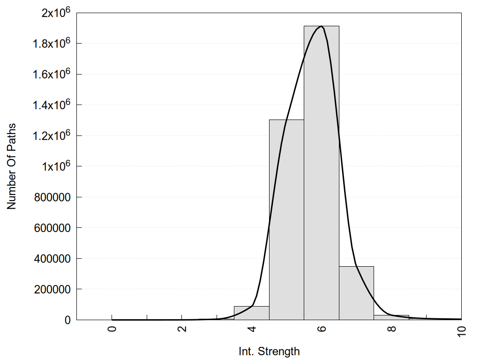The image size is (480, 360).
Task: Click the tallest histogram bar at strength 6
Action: [x=321, y=173]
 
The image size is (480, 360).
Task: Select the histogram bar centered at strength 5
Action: [x=286, y=220]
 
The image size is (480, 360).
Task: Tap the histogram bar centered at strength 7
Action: [x=356, y=293]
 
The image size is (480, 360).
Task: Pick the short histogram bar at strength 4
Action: [x=251, y=313]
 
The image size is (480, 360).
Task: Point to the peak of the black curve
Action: [x=321, y=26]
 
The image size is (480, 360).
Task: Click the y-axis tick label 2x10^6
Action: [x=54, y=13]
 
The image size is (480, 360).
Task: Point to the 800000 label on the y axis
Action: [x=52, y=197]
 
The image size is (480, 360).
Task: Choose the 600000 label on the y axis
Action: [x=52, y=228]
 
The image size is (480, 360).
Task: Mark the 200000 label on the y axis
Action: [x=52, y=290]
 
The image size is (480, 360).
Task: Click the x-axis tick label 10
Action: [x=461, y=330]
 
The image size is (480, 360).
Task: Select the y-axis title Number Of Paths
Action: [x=11, y=166]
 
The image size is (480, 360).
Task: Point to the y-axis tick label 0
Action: [x=67, y=320]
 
